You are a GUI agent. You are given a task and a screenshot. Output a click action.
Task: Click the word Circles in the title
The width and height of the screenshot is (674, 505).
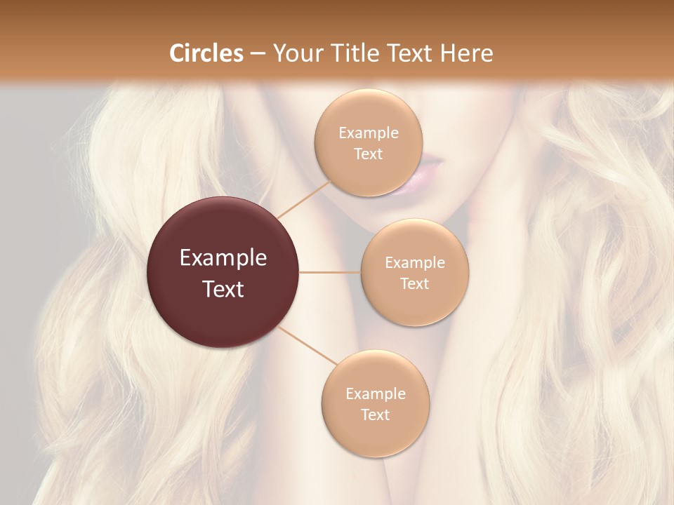(x=206, y=53)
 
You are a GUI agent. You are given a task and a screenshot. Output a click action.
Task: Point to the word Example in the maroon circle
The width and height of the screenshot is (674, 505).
(x=223, y=259)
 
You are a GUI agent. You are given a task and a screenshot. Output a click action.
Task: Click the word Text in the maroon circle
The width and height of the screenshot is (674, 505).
(x=223, y=289)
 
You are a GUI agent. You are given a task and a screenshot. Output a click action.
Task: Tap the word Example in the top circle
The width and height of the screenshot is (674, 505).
(x=368, y=133)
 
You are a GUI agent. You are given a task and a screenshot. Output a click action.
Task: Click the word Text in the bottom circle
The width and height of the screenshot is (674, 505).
(x=375, y=415)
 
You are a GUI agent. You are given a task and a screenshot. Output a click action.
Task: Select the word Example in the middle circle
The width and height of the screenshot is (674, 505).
(x=415, y=263)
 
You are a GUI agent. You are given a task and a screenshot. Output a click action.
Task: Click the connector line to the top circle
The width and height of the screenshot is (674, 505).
(x=303, y=198)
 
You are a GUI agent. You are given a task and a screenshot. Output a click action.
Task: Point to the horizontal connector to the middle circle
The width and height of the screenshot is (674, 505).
(x=330, y=272)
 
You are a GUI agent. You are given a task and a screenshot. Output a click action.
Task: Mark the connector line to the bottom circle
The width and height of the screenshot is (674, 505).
(x=308, y=346)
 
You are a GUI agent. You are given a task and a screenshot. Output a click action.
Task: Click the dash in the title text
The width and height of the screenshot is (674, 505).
(x=257, y=54)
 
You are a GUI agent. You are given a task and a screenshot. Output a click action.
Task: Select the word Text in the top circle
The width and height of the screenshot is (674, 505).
(x=368, y=154)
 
